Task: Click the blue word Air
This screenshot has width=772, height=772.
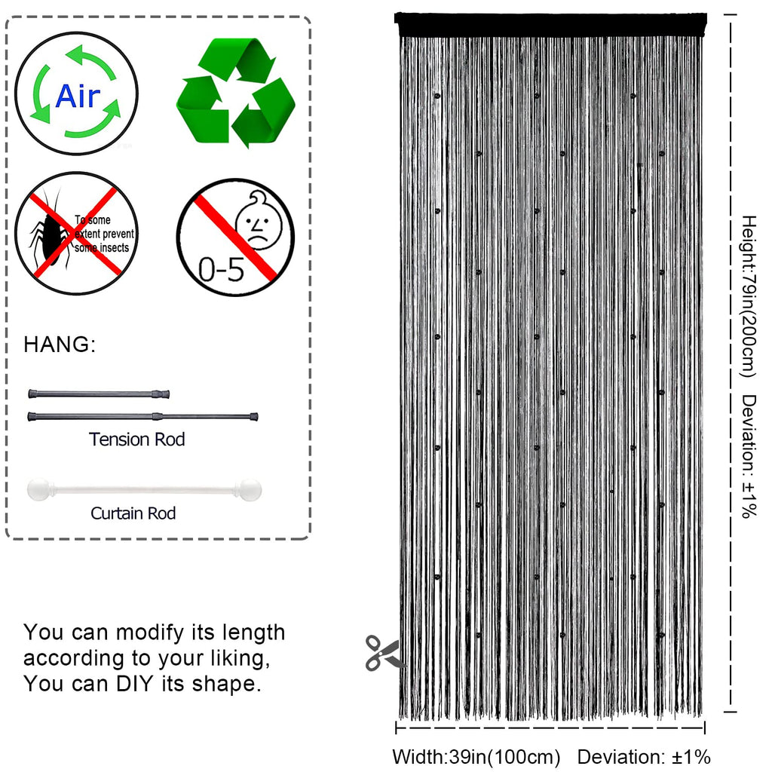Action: (x=78, y=96)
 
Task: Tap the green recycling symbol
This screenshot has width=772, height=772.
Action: (x=236, y=92)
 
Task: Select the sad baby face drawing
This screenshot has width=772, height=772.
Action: (x=258, y=221)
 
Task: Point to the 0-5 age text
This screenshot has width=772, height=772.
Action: (x=221, y=269)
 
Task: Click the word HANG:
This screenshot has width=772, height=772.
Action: (x=60, y=344)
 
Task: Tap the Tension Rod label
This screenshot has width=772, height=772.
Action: (x=137, y=440)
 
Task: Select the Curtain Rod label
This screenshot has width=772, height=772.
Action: (x=133, y=513)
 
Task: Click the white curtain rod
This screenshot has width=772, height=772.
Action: (x=144, y=490)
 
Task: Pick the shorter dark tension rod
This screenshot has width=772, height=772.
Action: (x=99, y=394)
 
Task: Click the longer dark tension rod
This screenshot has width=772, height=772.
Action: (x=142, y=416)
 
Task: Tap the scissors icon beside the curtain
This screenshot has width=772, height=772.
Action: (x=382, y=653)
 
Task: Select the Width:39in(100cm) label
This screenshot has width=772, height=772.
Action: (x=476, y=757)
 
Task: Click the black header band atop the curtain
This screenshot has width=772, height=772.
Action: (x=550, y=25)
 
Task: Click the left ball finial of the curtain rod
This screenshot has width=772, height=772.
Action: (x=38, y=489)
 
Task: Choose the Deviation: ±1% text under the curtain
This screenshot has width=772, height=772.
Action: (x=644, y=757)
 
